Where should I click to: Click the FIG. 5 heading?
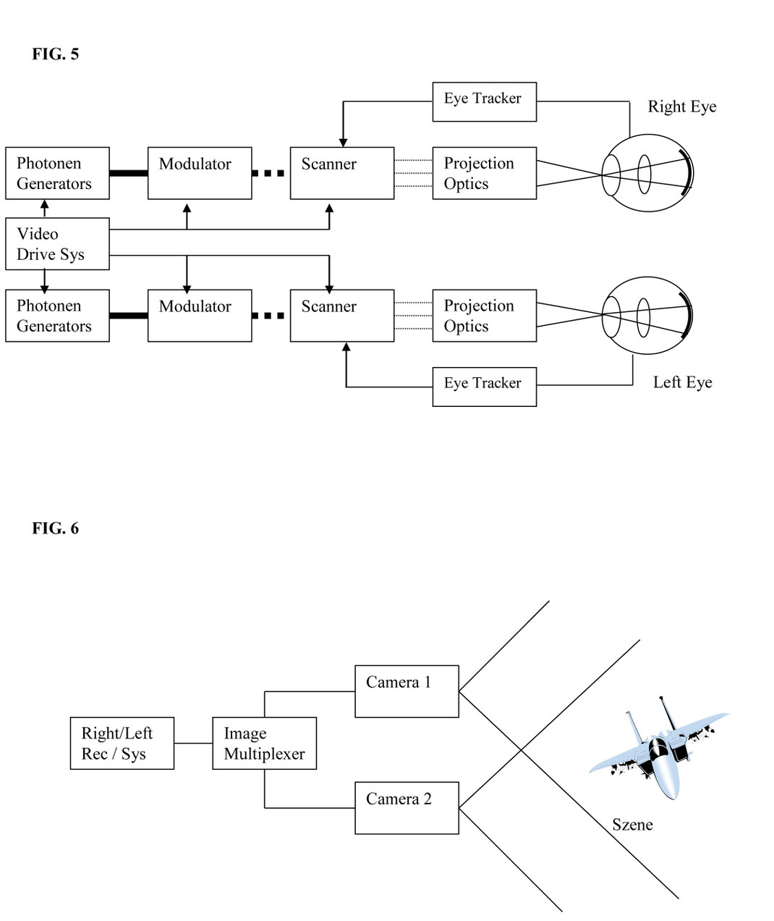click(55, 54)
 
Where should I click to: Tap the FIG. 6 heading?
click(55, 529)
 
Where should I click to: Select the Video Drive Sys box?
click(57, 244)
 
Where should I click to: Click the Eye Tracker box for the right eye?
click(484, 101)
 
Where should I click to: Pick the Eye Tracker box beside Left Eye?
click(484, 387)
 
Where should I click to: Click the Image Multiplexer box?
click(264, 743)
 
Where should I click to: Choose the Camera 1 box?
click(407, 691)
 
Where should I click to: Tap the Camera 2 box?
click(407, 807)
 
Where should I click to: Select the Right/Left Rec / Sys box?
click(122, 743)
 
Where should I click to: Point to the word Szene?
click(632, 825)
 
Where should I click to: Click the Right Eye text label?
click(681, 107)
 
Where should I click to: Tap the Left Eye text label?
click(682, 382)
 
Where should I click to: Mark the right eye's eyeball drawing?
click(647, 173)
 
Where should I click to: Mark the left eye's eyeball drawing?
click(647, 315)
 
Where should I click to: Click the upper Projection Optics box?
click(484, 173)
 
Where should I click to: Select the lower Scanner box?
click(341, 316)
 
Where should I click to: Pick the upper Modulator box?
click(200, 173)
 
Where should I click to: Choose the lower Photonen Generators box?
click(57, 316)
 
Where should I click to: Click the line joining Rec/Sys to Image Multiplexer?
click(193, 743)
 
